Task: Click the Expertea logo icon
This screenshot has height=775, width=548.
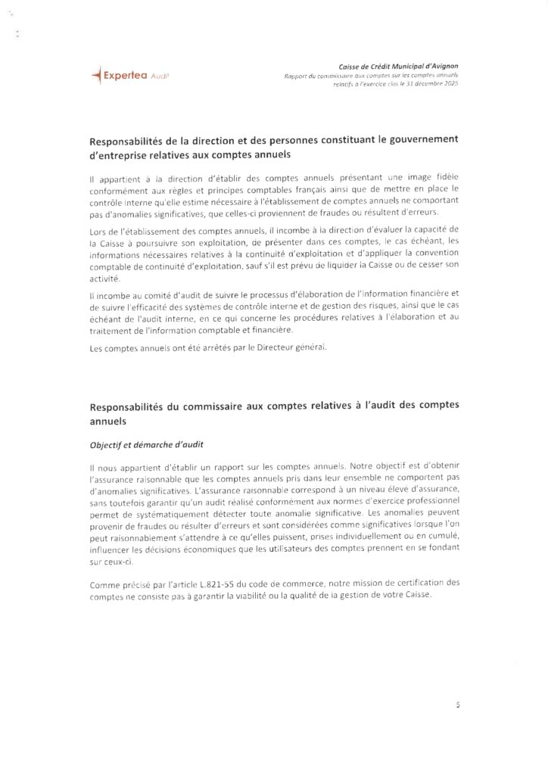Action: click(95, 74)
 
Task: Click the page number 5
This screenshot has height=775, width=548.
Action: click(458, 704)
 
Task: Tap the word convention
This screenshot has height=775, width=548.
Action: click(434, 252)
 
